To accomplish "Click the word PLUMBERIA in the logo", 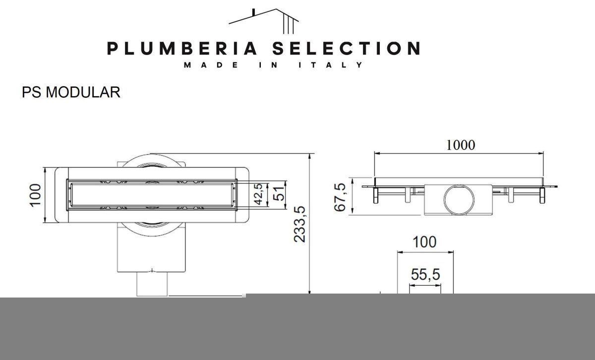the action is (x=182, y=49).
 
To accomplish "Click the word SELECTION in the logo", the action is (x=347, y=49).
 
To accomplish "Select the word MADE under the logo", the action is (x=211, y=65).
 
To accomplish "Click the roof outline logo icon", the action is (x=263, y=21).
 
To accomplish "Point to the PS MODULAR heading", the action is (x=71, y=92).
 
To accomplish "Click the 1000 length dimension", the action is (x=460, y=145).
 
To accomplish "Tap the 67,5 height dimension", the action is (x=340, y=197).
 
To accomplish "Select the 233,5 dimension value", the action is (x=299, y=224).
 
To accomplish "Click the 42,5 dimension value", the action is (x=258, y=194).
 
